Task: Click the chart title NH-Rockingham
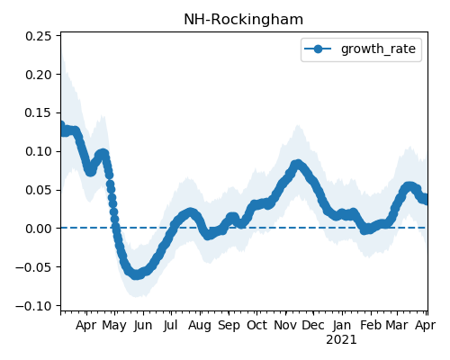243,20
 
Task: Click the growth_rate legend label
378,49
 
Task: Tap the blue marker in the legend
318,49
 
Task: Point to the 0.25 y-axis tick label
39,36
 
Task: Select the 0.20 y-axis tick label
39,75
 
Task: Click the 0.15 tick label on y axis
39,112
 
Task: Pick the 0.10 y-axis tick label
39,151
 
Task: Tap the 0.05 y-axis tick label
39,190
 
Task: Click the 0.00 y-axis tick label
39,229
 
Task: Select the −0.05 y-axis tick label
33,267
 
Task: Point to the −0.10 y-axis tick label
33,306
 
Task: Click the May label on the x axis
114,326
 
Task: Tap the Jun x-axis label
143,326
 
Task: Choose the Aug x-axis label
200,326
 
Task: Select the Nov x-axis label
285,326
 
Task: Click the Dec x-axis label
313,326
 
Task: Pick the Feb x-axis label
371,326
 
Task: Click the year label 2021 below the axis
341,340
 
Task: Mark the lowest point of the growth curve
137,274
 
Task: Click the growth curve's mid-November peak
297,165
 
